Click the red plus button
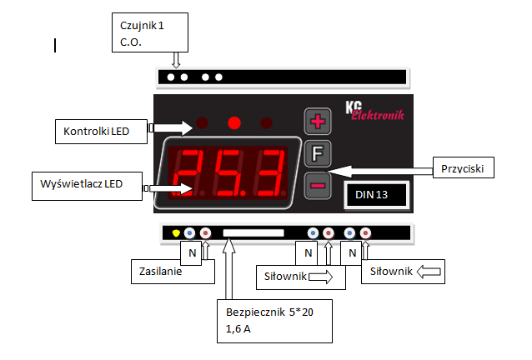(317, 122)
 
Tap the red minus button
(317, 185)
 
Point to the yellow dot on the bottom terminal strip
(176, 233)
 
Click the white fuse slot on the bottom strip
(254, 233)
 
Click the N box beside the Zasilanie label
(192, 252)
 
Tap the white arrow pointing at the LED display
(177, 188)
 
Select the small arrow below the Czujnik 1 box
(175, 60)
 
